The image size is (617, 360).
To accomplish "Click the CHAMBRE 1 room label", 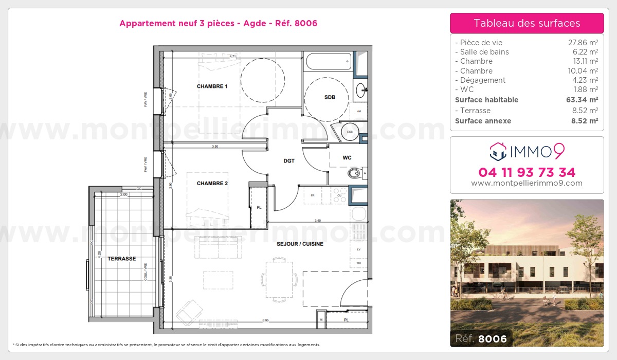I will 212,86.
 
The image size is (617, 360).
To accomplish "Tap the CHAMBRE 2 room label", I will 212,184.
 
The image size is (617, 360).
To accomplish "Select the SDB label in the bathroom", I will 330,97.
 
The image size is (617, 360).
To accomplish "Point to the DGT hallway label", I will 289,161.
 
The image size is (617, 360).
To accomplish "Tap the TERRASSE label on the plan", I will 122,259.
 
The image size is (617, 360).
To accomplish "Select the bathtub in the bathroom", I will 329,63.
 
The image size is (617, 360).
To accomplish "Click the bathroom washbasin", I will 361,89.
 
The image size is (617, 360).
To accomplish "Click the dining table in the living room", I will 279,279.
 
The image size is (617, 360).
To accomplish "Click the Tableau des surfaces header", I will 527,23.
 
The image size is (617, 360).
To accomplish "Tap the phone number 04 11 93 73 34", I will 527,172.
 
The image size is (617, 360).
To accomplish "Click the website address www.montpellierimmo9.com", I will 527,183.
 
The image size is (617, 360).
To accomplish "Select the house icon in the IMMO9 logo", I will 497,151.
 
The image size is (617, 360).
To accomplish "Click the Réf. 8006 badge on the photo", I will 481,338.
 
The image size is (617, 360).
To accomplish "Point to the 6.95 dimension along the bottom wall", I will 265,320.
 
